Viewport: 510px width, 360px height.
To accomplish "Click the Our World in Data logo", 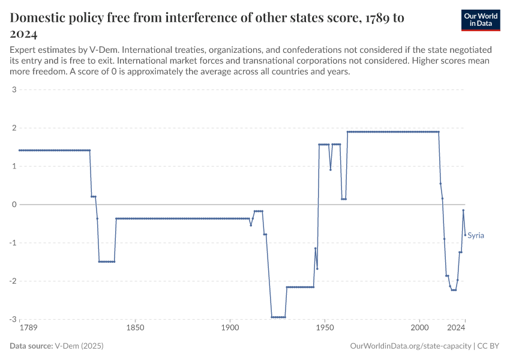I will click(480, 20).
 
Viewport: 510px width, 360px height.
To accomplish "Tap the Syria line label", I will click(476, 235).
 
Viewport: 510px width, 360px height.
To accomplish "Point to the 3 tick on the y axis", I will click(13, 90).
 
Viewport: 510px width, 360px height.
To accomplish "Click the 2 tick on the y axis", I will click(13, 128).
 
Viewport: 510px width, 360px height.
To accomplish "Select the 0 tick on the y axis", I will click(13, 205).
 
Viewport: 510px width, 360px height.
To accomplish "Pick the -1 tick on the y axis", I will click(12, 243).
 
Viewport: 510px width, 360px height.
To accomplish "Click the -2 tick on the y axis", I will click(12, 281).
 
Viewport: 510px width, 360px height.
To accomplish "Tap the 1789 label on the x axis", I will click(27, 328).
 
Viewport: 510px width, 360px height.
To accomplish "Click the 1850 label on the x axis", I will click(135, 328).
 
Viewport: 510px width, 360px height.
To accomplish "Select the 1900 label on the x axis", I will click(230, 328).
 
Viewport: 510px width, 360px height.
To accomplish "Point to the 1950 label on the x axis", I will click(325, 328).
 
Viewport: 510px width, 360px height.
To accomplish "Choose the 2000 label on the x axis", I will click(419, 328).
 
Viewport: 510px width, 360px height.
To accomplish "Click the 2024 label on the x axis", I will click(457, 328).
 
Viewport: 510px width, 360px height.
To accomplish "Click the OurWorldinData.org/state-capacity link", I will click(410, 346).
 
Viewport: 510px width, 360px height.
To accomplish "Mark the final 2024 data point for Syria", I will click(465, 235).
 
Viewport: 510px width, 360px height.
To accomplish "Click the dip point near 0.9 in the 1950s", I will click(331, 169).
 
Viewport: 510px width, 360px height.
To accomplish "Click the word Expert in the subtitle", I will click(23, 49).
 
